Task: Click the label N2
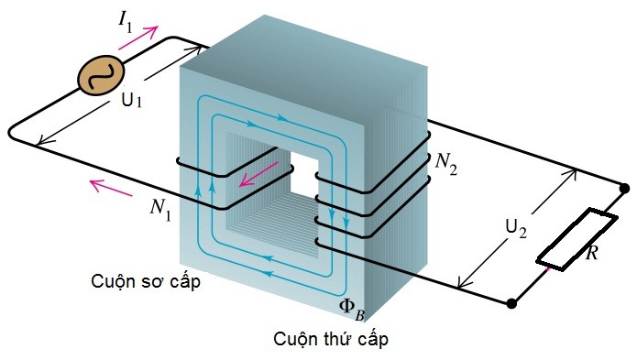tap(447, 162)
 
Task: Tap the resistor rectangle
tap(566, 240)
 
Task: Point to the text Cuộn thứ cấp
tap(331, 340)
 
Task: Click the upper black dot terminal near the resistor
tap(625, 189)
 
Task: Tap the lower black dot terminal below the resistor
tap(511, 300)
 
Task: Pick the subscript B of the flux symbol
tap(362, 309)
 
